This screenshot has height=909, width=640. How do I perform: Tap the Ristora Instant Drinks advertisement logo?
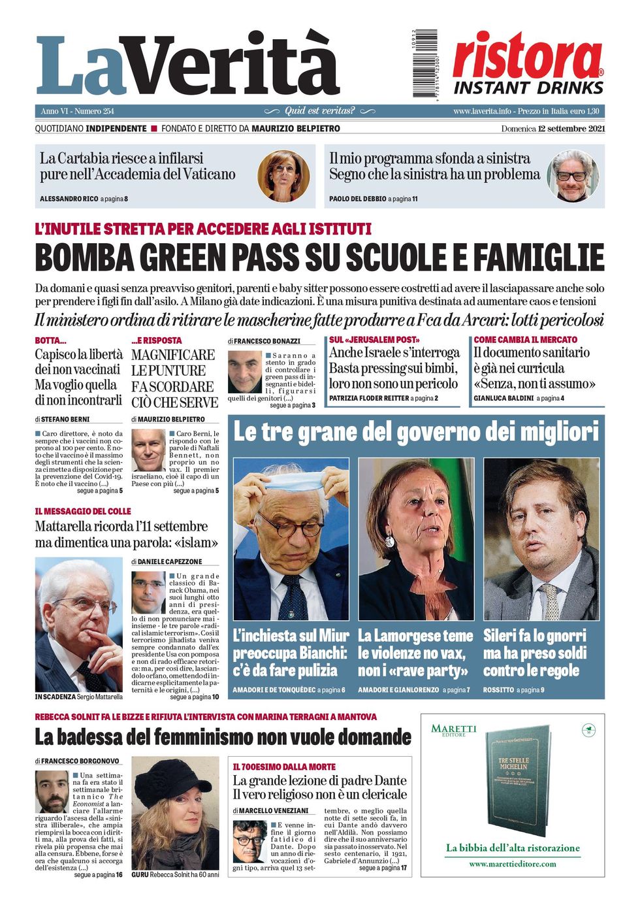pyautogui.click(x=528, y=63)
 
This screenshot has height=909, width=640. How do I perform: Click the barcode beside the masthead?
pyautogui.click(x=426, y=63)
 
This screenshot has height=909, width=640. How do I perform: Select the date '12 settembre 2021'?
pyautogui.click(x=571, y=129)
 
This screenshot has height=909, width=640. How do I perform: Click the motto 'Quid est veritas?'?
pyautogui.click(x=319, y=111)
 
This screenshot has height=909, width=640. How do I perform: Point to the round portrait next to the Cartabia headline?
pyautogui.click(x=283, y=176)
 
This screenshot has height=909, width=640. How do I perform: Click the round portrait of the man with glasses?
pyautogui.click(x=573, y=176)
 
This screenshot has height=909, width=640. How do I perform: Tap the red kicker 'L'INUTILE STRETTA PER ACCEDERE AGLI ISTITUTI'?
pyautogui.click(x=203, y=229)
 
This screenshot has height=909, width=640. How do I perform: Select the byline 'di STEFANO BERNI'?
pyautogui.click(x=63, y=419)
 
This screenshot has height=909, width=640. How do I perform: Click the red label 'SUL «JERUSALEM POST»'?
pyautogui.click(x=374, y=340)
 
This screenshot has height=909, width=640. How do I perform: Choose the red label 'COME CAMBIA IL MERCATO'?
pyautogui.click(x=525, y=340)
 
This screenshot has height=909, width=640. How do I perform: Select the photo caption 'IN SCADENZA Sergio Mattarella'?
pyautogui.click(x=78, y=697)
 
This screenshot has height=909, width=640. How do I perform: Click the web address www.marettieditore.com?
pyautogui.click(x=513, y=864)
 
